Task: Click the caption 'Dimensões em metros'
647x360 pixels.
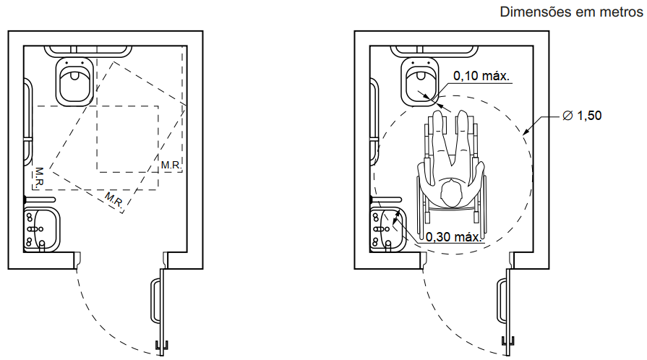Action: pyautogui.click(x=571, y=12)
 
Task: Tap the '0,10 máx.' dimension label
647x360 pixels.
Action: pyautogui.click(x=481, y=76)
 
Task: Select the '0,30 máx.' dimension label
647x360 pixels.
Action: pyautogui.click(x=453, y=237)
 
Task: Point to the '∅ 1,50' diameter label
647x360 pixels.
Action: pyautogui.click(x=582, y=116)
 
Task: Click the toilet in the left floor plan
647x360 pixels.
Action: pyautogui.click(x=74, y=82)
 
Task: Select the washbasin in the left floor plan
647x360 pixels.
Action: pyautogui.click(x=42, y=230)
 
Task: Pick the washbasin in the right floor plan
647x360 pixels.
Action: pyautogui.click(x=388, y=230)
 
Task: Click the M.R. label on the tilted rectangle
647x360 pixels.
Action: pyautogui.click(x=114, y=200)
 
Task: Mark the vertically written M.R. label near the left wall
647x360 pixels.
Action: pyautogui.click(x=40, y=178)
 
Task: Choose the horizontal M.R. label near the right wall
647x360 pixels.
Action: pyautogui.click(x=171, y=165)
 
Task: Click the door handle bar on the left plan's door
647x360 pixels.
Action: pyautogui.click(x=154, y=301)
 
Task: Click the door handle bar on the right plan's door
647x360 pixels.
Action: pyautogui.click(x=500, y=301)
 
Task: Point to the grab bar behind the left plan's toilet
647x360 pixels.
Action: pyautogui.click(x=88, y=51)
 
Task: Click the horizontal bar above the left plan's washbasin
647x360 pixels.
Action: pyautogui.click(x=40, y=200)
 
